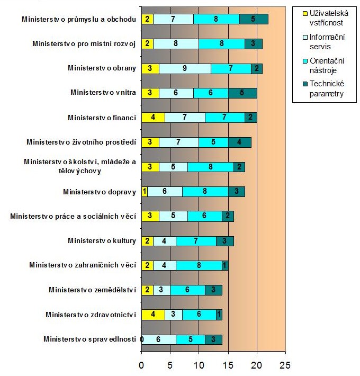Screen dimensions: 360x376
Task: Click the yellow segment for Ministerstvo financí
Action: click(153, 118)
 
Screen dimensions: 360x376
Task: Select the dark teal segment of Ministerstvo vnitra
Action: click(242, 93)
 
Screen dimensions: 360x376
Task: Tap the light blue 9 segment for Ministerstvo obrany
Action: click(185, 69)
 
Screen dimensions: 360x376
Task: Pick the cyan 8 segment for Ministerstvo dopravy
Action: click(205, 192)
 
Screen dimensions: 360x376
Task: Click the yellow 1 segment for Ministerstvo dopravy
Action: click(145, 192)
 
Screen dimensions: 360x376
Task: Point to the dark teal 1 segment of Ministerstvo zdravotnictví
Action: click(219, 315)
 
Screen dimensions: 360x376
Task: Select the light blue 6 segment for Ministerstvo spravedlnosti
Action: click(159, 339)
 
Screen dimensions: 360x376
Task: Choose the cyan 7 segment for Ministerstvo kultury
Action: click(196, 241)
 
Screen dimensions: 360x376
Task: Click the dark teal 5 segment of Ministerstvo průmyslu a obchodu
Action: click(254, 19)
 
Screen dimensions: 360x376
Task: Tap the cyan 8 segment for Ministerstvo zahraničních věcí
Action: click(199, 265)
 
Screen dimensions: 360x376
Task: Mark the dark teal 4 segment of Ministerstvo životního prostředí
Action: click(240, 142)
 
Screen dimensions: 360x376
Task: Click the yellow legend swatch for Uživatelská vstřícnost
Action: click(305, 13)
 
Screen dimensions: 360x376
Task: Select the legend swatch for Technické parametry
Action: click(305, 84)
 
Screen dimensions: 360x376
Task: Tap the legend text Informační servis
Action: click(327, 42)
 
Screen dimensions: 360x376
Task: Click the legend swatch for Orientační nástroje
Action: click(305, 61)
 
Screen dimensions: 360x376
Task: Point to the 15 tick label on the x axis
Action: click(228, 365)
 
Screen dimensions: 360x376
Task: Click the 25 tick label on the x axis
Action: click(285, 365)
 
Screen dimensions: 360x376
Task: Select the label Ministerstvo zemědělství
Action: click(92, 290)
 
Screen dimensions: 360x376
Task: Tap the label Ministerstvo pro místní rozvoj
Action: click(84, 43)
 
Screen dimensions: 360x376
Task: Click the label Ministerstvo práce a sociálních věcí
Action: click(73, 216)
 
